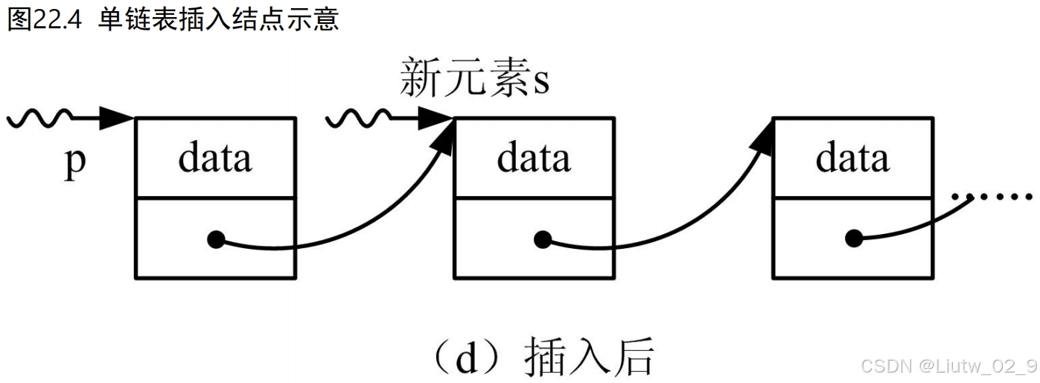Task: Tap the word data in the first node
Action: (x=215, y=158)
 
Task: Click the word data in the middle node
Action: (x=534, y=158)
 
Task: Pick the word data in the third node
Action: (x=852, y=158)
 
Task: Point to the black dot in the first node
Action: (x=216, y=240)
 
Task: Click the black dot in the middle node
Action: (x=543, y=240)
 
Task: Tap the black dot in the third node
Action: (x=854, y=240)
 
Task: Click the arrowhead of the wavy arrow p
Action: (x=117, y=117)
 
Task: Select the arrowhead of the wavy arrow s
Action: (x=436, y=117)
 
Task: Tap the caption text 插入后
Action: (x=589, y=358)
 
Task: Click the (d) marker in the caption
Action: (x=465, y=358)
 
